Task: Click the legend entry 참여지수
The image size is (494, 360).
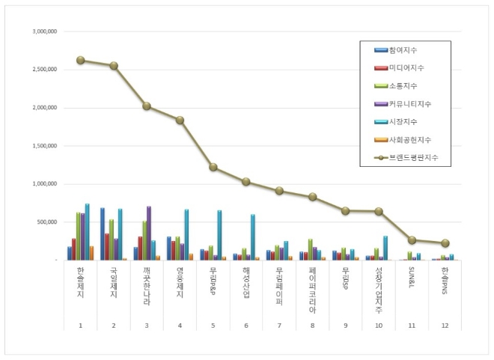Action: click(x=403, y=50)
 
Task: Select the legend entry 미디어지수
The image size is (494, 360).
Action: click(x=406, y=68)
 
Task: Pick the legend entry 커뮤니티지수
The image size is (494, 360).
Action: click(x=409, y=104)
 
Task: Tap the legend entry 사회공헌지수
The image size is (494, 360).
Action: click(x=409, y=140)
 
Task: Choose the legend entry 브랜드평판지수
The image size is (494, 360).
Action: click(x=412, y=158)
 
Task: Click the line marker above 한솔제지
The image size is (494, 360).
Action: click(x=80, y=61)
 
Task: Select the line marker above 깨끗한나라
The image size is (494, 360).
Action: click(x=147, y=106)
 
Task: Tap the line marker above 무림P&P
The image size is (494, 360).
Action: click(x=213, y=167)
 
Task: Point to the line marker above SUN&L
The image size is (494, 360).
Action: click(x=412, y=240)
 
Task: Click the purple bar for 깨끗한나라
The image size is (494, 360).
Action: click(x=149, y=233)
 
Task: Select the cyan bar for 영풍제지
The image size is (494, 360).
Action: click(x=186, y=234)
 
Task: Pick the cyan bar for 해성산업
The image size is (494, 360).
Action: click(x=253, y=237)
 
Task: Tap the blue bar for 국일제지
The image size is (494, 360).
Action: click(x=103, y=234)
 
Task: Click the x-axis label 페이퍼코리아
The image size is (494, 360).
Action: click(x=313, y=286)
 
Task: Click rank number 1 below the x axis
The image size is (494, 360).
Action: click(x=80, y=326)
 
